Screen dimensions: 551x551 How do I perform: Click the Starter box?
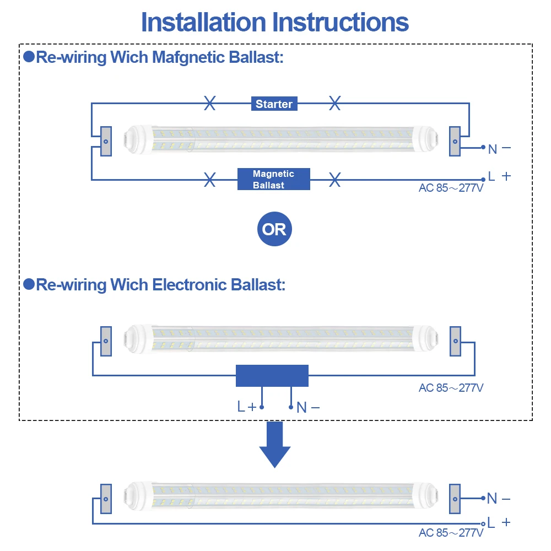point(274,104)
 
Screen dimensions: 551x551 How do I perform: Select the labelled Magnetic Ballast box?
point(274,179)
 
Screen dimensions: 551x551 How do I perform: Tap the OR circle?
point(274,229)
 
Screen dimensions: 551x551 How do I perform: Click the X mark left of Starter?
point(210,103)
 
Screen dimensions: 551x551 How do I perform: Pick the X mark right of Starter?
point(335,103)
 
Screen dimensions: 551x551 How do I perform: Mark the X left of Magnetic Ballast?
point(210,180)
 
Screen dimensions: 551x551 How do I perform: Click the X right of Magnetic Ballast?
point(335,180)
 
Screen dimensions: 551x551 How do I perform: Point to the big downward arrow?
point(275,445)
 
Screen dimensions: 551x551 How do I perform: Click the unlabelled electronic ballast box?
point(272,376)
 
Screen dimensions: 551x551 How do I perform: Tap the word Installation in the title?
point(203,23)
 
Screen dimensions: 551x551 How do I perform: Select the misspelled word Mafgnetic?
point(188,57)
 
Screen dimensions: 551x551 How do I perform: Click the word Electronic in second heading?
point(190,285)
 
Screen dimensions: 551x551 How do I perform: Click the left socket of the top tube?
point(106,141)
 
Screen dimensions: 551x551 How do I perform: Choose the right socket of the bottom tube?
point(455,499)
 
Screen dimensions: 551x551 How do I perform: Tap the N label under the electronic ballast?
point(301,408)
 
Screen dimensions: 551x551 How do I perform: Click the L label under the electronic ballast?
point(241,406)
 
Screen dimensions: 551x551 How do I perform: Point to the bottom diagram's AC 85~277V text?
point(451,533)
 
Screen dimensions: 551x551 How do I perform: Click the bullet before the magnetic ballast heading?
point(29,57)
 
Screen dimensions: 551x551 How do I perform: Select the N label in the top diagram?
point(493,149)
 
